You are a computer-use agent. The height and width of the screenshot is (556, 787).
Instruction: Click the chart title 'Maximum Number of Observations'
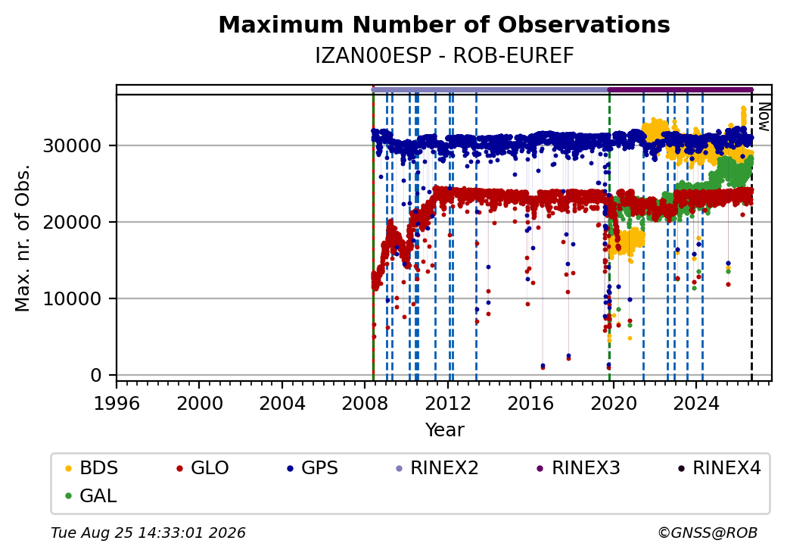coord(444,24)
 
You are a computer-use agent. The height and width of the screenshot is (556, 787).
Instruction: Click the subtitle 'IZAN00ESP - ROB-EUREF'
coord(444,56)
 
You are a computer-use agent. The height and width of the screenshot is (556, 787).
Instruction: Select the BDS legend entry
coord(92,468)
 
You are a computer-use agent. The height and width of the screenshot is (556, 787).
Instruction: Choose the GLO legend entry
coord(203,468)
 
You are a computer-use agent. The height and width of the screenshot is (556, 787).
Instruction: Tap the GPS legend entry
coord(313,468)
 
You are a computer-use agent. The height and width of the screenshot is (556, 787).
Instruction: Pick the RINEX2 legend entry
coord(437,468)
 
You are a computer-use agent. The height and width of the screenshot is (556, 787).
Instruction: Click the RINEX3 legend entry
coord(579,468)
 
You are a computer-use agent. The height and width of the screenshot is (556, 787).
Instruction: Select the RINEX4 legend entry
coord(719,468)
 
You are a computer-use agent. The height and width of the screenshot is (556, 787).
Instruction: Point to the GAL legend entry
coord(92,495)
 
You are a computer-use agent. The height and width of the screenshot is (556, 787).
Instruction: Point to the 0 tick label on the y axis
coord(96,375)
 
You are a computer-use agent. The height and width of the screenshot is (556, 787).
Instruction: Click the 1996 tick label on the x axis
coord(117,403)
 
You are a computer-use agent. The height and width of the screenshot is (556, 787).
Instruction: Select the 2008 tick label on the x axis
coord(365,403)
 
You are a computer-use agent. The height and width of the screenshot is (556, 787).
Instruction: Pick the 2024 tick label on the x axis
coord(696,403)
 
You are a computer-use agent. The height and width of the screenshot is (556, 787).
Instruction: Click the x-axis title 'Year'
coord(445,430)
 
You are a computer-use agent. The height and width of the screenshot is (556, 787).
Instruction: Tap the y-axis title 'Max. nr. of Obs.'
coord(23,238)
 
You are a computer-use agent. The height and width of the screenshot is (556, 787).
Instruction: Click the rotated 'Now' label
coord(764,117)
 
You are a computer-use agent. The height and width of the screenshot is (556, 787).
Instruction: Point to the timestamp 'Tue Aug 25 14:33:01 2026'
coord(148,533)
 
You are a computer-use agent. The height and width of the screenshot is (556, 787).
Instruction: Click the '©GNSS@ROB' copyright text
coord(708,533)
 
